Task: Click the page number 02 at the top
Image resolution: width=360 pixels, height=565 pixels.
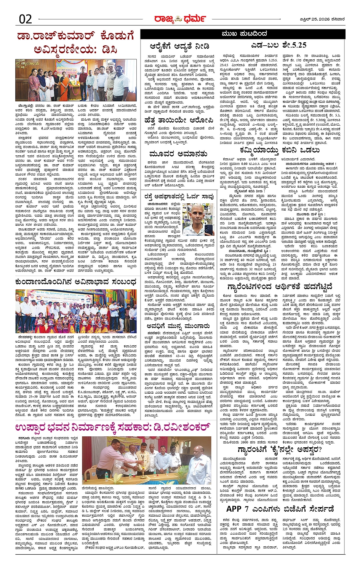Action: tap(25, 19)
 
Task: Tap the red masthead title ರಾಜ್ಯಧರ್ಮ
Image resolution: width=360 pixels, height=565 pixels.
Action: tap(180, 19)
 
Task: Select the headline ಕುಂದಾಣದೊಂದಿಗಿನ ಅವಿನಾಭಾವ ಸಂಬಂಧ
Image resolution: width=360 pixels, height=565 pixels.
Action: tap(76, 282)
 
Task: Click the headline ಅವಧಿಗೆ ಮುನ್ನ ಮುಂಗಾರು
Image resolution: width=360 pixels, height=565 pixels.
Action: tap(178, 326)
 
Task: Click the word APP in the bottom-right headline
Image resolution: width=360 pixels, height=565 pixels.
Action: tap(234, 509)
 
